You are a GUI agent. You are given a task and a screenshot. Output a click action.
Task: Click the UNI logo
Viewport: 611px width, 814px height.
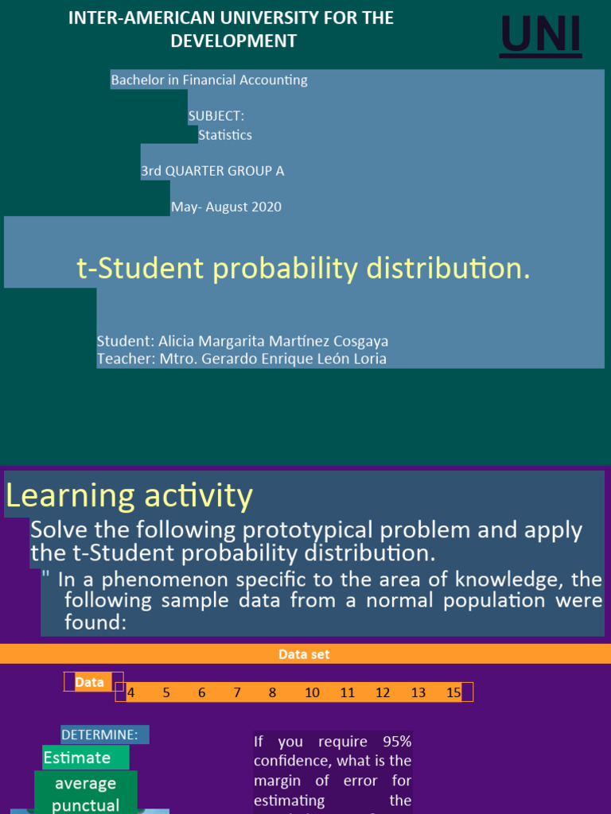point(540,37)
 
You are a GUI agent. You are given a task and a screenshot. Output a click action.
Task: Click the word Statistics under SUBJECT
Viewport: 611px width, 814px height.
point(225,135)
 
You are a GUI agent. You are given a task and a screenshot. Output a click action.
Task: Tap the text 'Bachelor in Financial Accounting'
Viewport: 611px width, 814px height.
point(209,79)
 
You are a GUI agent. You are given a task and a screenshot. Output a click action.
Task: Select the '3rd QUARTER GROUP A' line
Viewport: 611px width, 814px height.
point(212,171)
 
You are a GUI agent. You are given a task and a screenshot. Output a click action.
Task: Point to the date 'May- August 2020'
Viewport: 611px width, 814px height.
point(226,207)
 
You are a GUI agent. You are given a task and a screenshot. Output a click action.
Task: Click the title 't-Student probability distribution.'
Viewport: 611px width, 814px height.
point(303,269)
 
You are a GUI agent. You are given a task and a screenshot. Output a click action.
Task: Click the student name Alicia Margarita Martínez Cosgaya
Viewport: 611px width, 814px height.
point(273,341)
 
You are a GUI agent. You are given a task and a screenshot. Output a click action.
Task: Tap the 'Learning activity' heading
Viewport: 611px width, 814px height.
point(130,495)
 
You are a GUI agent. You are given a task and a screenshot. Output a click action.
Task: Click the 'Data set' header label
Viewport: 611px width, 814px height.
point(304,654)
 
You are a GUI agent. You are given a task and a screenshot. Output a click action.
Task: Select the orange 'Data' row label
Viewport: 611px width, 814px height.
point(89,682)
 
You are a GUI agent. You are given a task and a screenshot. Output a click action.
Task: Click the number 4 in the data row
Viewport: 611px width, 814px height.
point(130,692)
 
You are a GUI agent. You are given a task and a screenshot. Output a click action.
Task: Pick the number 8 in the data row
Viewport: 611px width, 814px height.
point(272,692)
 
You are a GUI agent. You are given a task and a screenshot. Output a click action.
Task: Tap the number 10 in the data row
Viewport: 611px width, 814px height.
point(312,692)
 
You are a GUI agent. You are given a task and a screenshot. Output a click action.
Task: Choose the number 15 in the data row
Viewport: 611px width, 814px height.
point(453,692)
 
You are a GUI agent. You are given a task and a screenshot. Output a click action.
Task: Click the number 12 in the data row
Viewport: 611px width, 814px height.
point(383,692)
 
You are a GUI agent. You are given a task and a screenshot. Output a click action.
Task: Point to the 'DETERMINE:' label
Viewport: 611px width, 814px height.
point(104,735)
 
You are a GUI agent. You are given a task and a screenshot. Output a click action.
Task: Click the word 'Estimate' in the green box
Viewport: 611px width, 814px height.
point(77,758)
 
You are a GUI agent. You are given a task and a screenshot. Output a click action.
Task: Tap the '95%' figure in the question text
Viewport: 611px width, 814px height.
point(395,742)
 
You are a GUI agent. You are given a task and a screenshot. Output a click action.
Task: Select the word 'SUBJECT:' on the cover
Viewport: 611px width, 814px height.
point(216,116)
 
